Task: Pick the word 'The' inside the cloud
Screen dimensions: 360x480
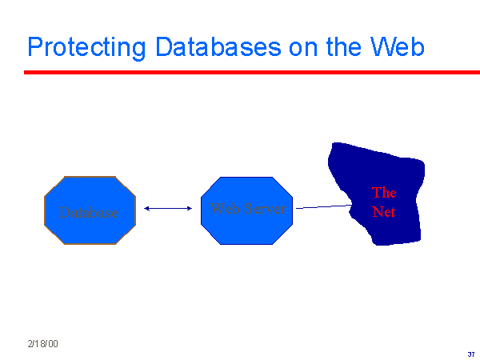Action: tap(384, 193)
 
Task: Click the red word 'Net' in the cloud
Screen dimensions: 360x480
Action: tap(384, 213)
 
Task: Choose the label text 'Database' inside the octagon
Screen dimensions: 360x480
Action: tap(89, 213)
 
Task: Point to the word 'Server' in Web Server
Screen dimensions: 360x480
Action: tap(264, 208)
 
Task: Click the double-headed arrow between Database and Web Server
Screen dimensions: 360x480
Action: tap(168, 209)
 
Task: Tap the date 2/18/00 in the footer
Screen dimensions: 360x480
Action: tap(42, 343)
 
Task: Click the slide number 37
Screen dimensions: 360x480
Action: tap(470, 353)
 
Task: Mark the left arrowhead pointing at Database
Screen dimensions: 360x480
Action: tap(147, 209)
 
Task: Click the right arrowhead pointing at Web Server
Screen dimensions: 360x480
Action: tap(190, 209)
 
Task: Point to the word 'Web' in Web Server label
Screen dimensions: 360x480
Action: tap(225, 208)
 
